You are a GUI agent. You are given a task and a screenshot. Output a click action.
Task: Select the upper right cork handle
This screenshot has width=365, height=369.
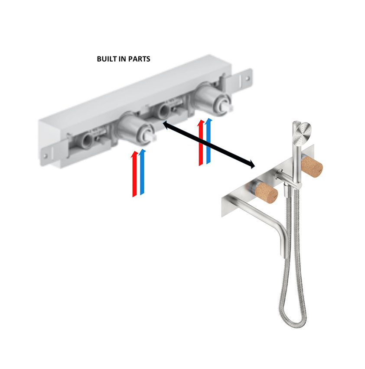coord(312,166)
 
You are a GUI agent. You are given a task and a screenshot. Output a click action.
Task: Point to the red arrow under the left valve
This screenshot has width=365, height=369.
coord(134,174)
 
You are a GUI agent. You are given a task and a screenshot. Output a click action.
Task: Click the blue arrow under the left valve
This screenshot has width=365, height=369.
coord(142,172)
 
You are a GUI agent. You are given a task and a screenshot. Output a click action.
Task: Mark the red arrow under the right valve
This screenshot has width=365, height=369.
coord(201,143)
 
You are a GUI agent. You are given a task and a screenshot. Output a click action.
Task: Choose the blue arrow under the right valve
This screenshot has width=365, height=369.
coord(209,141)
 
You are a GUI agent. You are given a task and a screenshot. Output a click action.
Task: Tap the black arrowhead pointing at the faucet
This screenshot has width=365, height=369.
coord(252,165)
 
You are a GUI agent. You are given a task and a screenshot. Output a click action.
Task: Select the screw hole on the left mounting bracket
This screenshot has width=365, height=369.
coord(45,155)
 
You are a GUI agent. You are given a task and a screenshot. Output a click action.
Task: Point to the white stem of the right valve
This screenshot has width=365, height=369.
coord(229,107)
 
